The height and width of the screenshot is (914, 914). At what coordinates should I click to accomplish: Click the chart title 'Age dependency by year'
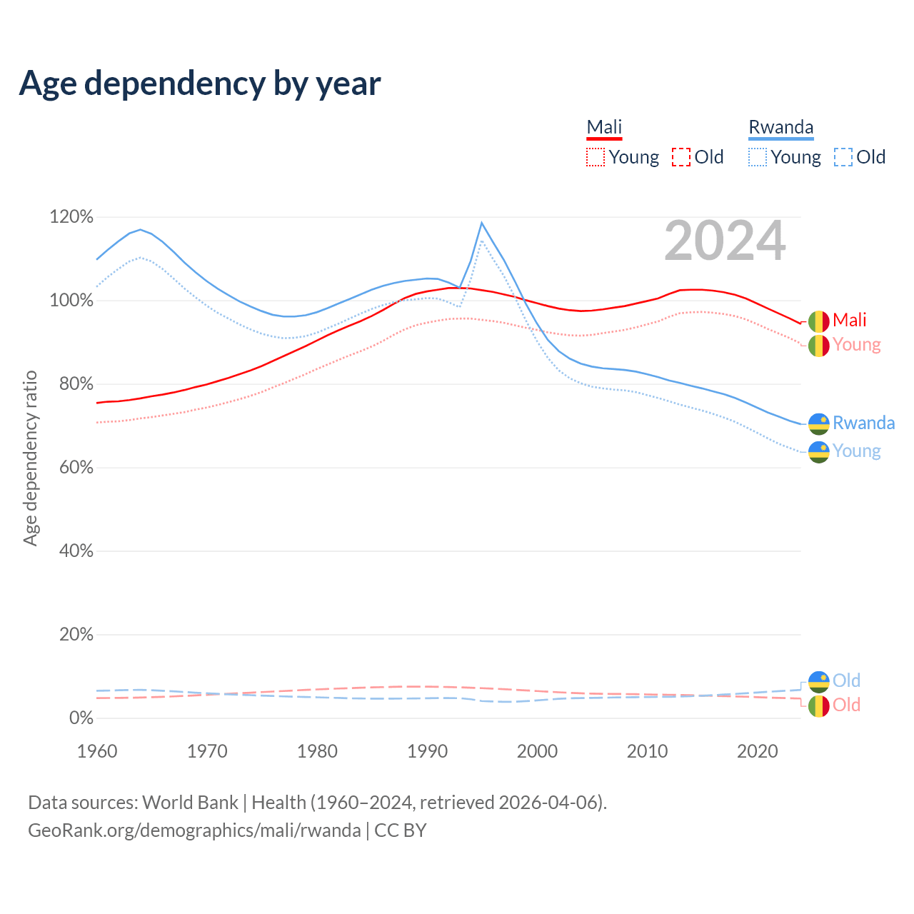200,84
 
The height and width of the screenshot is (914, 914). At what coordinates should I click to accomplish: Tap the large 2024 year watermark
725,241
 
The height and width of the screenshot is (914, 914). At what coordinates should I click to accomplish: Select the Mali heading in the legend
604,127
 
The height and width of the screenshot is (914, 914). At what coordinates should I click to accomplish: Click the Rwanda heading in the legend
780,127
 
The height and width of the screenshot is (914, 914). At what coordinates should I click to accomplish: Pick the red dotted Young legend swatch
596,157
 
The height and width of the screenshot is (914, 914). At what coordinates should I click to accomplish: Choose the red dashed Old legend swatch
681,157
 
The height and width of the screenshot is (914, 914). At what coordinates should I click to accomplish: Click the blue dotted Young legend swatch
758,157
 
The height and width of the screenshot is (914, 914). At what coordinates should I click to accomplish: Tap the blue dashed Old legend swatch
843,157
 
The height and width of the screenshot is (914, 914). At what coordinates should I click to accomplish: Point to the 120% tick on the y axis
71,216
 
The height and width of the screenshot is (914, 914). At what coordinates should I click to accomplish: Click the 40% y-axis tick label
74,551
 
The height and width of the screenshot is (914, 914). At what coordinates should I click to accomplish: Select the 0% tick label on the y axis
81,718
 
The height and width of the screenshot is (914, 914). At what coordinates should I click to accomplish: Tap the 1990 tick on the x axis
427,751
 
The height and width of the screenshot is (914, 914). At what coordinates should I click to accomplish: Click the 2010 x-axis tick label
647,751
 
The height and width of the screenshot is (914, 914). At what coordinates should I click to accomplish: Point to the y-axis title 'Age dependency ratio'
30,458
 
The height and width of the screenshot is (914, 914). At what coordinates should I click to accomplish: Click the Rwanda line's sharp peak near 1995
482,223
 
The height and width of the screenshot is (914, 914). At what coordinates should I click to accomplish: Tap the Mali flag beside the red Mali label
818,321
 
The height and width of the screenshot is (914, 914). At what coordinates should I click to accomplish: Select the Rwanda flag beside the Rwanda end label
818,424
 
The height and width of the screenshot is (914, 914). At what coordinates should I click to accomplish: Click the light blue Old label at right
846,681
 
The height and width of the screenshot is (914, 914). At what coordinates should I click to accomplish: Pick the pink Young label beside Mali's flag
856,345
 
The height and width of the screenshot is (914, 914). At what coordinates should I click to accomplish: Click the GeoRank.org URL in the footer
194,830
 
